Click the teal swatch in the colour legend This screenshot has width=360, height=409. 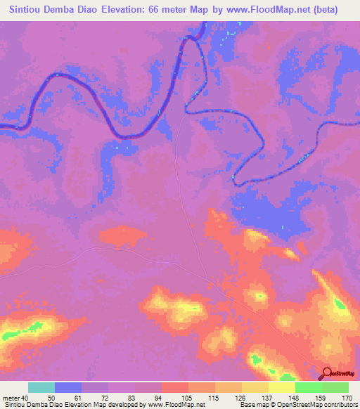(x=41, y=387)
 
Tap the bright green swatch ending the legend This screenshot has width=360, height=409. (x=335, y=387)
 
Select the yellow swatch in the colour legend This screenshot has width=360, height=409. (x=281, y=387)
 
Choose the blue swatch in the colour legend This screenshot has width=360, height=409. (x=68, y=387)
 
